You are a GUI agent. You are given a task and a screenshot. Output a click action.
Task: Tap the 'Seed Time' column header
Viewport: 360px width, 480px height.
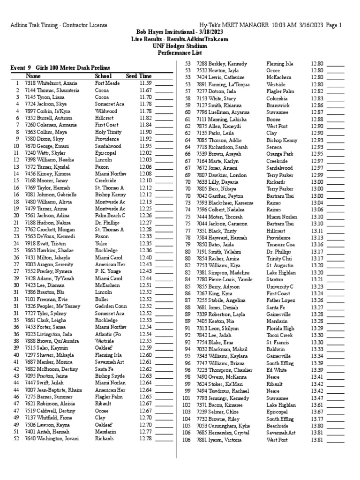(139, 76)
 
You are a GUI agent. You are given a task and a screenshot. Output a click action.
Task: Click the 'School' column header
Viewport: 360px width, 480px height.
(104, 76)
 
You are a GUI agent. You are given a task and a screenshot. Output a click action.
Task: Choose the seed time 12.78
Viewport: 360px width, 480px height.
(146, 439)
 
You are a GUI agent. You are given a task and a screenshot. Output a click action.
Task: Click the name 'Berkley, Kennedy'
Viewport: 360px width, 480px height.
(221, 63)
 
